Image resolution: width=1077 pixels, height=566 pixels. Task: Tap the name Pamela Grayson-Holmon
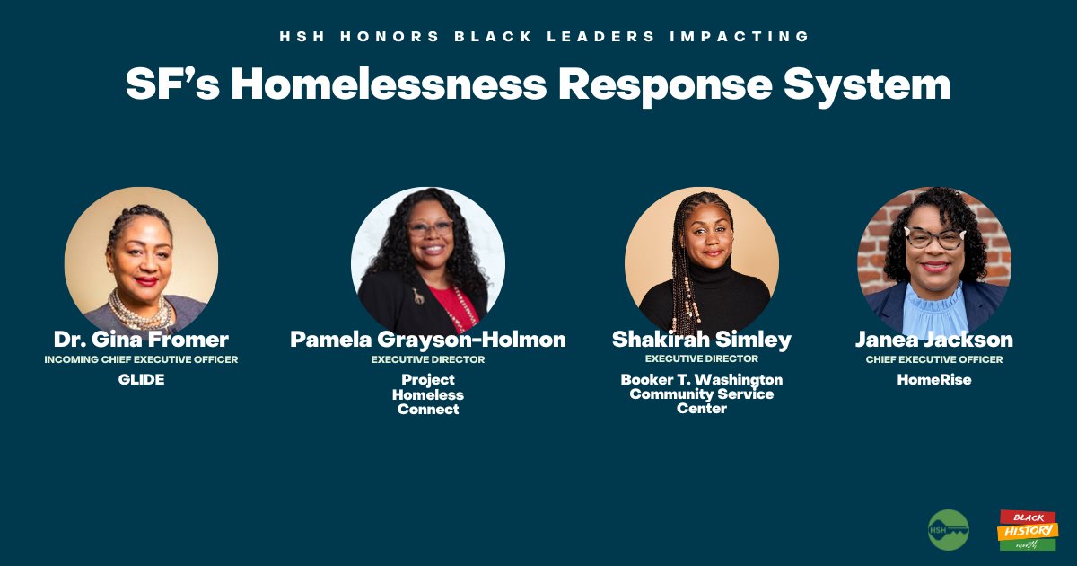[428, 340]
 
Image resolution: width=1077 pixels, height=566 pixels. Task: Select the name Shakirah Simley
[701, 340]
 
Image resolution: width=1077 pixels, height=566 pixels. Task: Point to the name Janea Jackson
[933, 340]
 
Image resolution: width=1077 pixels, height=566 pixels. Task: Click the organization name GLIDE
[141, 380]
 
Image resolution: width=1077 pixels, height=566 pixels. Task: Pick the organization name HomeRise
[933, 380]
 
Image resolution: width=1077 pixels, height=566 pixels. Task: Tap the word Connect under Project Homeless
[428, 410]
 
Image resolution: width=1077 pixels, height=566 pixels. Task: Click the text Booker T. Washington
[701, 379]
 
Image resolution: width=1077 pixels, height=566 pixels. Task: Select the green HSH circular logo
[948, 530]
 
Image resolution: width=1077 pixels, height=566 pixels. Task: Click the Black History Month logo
[1028, 530]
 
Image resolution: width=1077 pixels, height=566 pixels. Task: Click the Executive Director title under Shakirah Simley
[701, 359]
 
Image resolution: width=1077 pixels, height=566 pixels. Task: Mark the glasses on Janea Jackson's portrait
[933, 239]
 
